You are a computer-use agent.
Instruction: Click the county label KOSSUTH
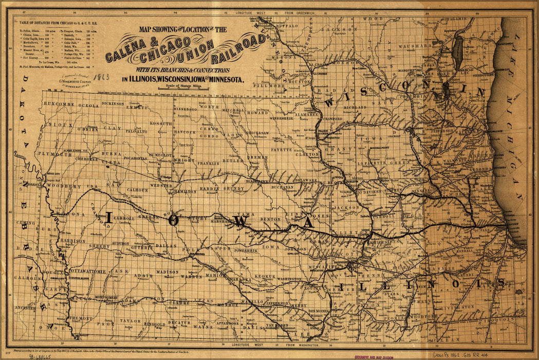pos(161,124)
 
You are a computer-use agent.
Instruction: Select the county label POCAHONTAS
pos(135,158)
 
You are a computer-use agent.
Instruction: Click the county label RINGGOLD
pos(154,325)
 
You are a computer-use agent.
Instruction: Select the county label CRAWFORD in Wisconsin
pos(333,119)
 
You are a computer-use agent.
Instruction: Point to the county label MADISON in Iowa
pos(167,272)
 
